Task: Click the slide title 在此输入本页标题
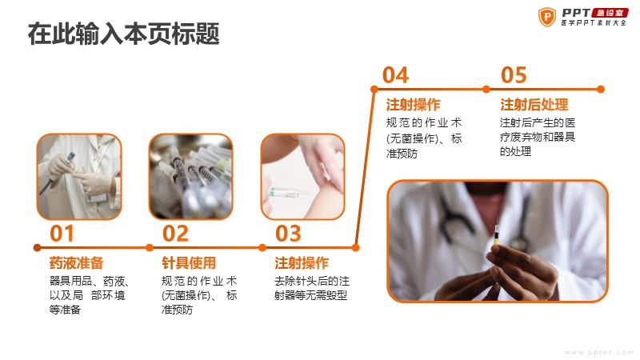[124, 34]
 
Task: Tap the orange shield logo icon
[547, 17]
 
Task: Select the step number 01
[62, 234]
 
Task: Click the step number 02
[175, 234]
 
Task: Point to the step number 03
[288, 234]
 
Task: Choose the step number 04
[395, 75]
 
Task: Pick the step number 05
[514, 75]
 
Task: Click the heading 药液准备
[76, 263]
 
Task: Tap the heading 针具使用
[189, 263]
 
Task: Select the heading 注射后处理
[534, 105]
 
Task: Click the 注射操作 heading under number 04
[413, 105]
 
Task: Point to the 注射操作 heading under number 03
[302, 263]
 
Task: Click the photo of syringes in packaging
[191, 176]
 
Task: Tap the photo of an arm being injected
[303, 176]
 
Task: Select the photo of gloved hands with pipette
[79, 176]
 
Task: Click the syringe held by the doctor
[497, 235]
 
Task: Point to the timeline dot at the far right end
[601, 89]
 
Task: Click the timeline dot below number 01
[37, 247]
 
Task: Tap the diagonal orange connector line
[365, 168]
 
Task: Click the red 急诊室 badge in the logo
[610, 13]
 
